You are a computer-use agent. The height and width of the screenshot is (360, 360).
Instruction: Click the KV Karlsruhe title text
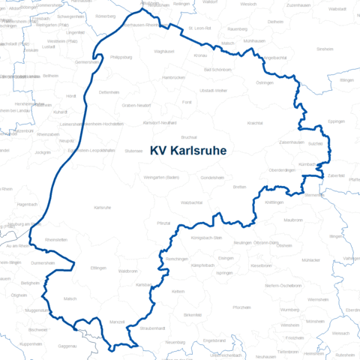pyautogui.click(x=188, y=150)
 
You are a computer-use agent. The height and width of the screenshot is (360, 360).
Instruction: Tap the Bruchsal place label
pyautogui.click(x=188, y=137)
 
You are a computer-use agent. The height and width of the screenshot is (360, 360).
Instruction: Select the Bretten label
pyautogui.click(x=240, y=186)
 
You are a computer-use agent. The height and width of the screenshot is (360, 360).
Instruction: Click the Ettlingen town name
pyautogui.click(x=97, y=268)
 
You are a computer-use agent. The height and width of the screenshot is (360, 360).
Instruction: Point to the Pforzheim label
pyautogui.click(x=241, y=307)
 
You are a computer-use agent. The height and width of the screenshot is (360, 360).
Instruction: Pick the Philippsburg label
pyautogui.click(x=121, y=55)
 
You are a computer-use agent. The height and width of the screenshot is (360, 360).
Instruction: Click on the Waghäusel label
pyautogui.click(x=163, y=51)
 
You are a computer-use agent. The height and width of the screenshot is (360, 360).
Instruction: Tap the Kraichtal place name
pyautogui.click(x=255, y=121)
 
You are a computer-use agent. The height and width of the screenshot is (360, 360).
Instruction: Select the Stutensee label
pyautogui.click(x=133, y=150)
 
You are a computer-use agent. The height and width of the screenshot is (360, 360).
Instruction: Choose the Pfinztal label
pyautogui.click(x=163, y=223)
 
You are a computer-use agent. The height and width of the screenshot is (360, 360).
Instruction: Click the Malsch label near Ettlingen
pyautogui.click(x=70, y=298)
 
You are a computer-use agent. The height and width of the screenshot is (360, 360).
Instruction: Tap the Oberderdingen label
pyautogui.click(x=283, y=170)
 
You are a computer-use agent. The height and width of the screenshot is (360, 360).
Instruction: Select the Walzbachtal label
pyautogui.click(x=192, y=202)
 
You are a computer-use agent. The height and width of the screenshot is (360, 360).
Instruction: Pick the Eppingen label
pyautogui.click(x=337, y=121)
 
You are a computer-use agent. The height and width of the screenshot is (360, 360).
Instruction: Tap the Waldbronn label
pyautogui.click(x=127, y=271)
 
